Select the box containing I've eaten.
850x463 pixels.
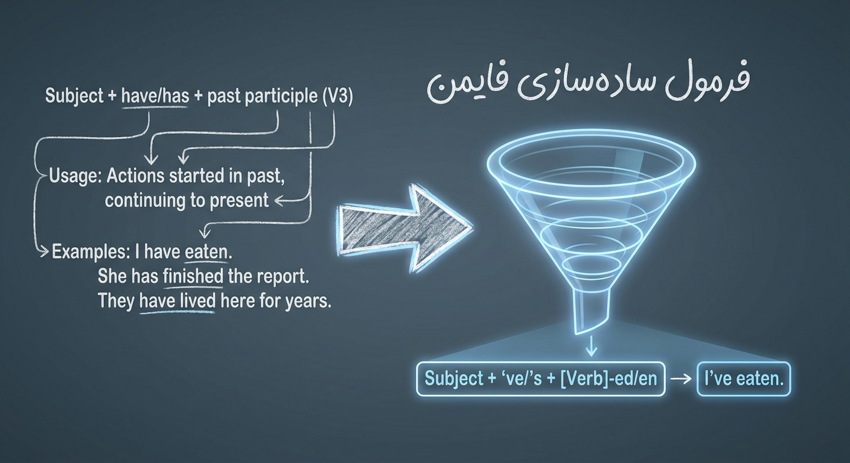[744, 379]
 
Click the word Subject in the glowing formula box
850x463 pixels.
[450, 379]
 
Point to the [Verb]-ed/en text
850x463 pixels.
[609, 379]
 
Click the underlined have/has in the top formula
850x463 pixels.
[155, 96]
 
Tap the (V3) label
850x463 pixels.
[337, 96]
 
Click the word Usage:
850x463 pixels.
[75, 177]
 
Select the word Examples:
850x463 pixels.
[91, 252]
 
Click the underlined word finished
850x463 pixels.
[193, 276]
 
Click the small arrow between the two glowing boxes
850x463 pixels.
[681, 379]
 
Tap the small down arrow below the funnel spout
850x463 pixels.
[591, 347]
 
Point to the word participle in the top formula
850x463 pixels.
[281, 96]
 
